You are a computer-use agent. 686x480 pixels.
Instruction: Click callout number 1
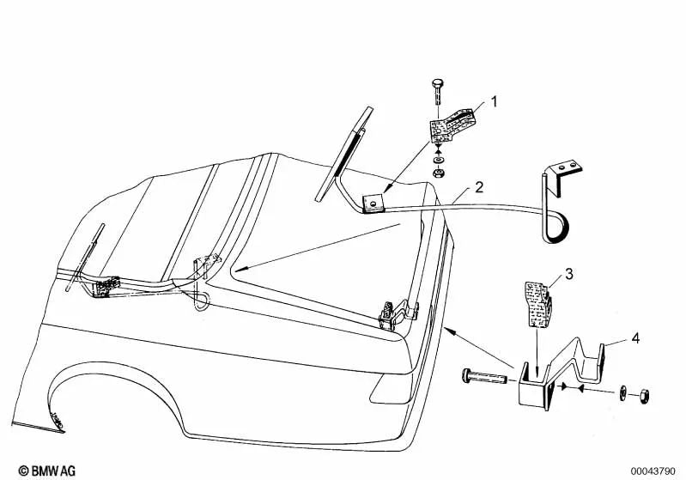494,102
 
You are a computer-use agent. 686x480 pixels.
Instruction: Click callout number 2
479,187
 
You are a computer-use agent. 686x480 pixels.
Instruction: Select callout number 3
568,275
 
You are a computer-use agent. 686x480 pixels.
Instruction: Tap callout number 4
635,338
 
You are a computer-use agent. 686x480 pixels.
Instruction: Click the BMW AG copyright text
47,471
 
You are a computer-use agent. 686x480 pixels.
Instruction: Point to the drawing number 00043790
653,471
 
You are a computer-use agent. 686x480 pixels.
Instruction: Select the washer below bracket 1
438,161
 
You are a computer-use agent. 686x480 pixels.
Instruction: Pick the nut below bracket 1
438,173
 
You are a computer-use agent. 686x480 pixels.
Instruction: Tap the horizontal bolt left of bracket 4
484,377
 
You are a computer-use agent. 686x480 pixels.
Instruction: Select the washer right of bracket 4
622,393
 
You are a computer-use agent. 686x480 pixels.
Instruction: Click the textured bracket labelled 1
452,125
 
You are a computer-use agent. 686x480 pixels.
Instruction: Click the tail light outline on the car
392,388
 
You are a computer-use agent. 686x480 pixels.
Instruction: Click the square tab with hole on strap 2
373,204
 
